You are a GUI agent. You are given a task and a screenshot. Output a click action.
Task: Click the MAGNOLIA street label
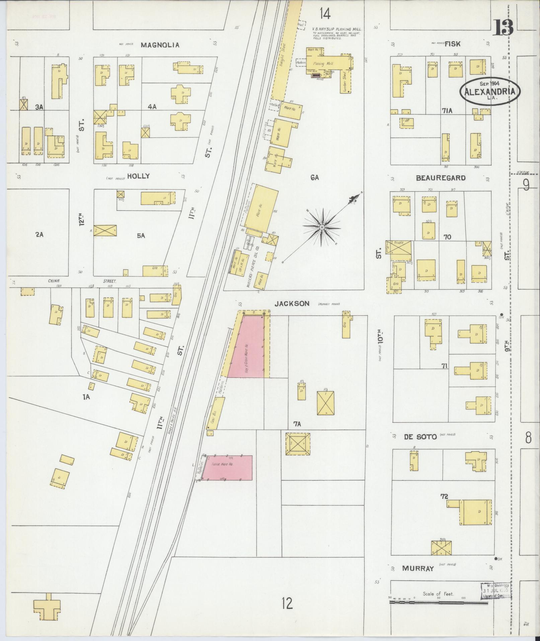tap(160, 45)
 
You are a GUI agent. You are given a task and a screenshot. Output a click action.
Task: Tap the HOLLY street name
tap(138, 176)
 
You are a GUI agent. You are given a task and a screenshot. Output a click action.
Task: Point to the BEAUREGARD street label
tap(441, 178)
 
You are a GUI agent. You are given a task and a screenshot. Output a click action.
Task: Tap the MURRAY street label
tap(418, 569)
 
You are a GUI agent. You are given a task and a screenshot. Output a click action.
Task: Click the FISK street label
tap(452, 44)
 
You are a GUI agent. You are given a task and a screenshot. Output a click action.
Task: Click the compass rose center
tap(321, 228)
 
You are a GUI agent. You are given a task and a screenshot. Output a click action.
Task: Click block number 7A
tap(297, 424)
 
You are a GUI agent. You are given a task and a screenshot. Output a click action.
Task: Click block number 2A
tap(40, 235)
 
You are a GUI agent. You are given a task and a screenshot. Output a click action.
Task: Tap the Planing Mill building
tap(323, 64)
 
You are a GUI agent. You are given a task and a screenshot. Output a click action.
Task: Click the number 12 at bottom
tap(287, 603)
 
